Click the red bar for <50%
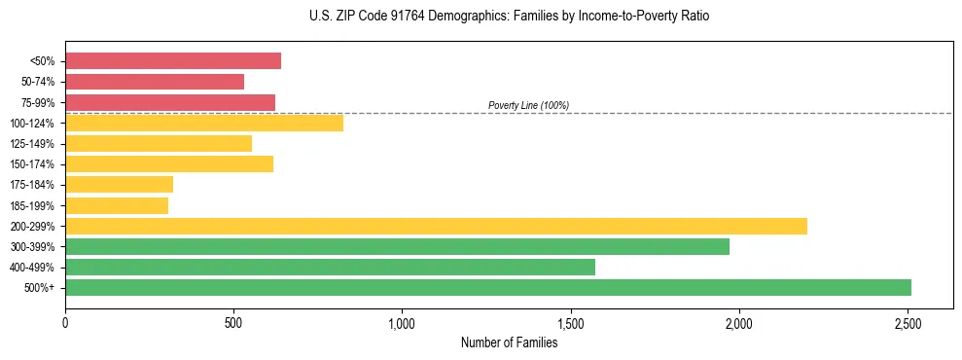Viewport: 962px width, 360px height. (173, 61)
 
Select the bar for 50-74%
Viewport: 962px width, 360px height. (155, 82)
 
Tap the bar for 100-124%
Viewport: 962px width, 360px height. (204, 123)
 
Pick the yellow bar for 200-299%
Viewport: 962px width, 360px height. (436, 226)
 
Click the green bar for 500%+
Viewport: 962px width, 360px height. (488, 287)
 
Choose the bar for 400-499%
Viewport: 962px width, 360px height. (330, 267)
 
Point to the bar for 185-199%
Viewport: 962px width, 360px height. (117, 205)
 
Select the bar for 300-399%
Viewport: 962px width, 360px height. (397, 246)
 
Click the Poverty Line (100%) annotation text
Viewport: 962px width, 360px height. (528, 105)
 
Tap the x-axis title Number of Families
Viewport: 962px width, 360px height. (509, 342)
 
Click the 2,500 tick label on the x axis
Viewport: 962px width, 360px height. (908, 322)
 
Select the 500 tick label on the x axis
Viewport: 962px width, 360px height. (233, 322)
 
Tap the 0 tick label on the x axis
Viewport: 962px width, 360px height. (65, 322)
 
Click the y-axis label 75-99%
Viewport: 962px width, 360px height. (37, 103)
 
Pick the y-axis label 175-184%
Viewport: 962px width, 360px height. (32, 185)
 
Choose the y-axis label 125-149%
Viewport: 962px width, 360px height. (32, 144)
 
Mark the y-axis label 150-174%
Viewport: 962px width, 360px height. (32, 164)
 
